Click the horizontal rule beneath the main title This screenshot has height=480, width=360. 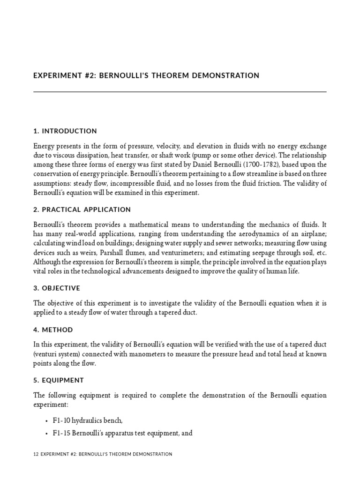coord(180,92)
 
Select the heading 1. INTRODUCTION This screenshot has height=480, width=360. coord(65,131)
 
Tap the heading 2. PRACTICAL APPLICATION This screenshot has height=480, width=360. coord(82,210)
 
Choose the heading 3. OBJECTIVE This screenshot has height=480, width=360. coord(57,288)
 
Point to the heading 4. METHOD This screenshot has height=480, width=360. coord(53,330)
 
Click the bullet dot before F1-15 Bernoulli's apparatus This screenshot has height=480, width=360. coord(47,434)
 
